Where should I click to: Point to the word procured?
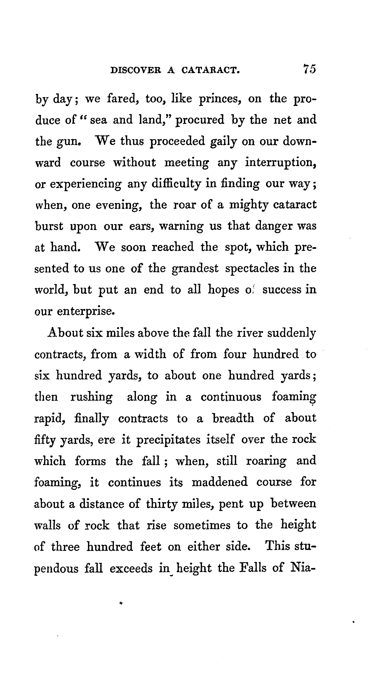[200, 120]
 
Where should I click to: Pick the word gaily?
[223, 142]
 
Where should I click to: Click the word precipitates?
[168, 440]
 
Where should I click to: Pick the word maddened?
[220, 482]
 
